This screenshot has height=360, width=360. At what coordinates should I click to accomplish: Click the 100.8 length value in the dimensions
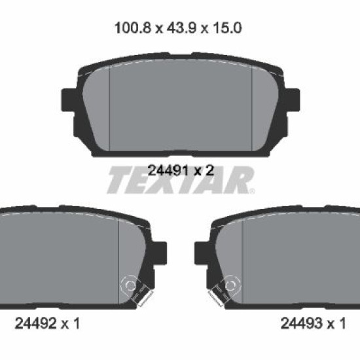pyautogui.click(x=133, y=28)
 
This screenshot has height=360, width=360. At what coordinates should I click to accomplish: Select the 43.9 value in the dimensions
pyautogui.click(x=181, y=28)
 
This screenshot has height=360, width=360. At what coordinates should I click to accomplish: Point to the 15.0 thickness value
pyautogui.click(x=227, y=28)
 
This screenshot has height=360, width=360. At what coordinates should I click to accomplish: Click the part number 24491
pyautogui.click(x=168, y=171)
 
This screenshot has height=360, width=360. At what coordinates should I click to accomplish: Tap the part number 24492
pyautogui.click(x=35, y=323)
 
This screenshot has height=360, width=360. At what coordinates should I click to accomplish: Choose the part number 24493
pyautogui.click(x=302, y=323)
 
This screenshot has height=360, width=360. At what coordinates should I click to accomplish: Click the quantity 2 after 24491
pyautogui.click(x=209, y=171)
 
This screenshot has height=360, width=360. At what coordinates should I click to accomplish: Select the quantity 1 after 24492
pyautogui.click(x=76, y=323)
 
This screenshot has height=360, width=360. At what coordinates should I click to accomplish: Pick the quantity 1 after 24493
pyautogui.click(x=342, y=323)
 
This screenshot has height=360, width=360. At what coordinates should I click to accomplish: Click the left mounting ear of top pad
pyautogui.click(x=69, y=100)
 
